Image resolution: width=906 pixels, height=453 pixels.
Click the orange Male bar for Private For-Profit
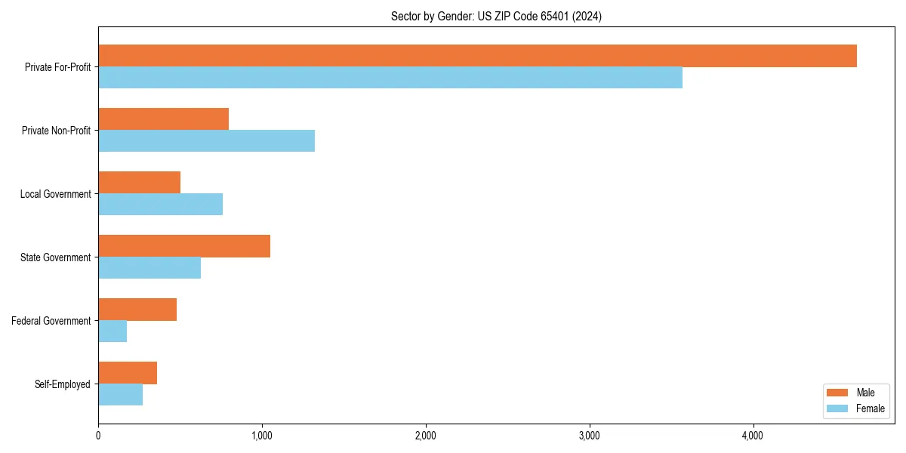[x=477, y=56]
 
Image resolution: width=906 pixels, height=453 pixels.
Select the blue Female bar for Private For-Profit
[x=390, y=78]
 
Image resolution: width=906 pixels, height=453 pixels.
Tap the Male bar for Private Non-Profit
[x=163, y=119]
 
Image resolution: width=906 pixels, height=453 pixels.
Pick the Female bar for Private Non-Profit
[x=206, y=141]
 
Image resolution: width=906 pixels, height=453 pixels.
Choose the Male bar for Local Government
[x=139, y=183]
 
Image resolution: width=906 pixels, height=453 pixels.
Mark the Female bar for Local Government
[x=160, y=205]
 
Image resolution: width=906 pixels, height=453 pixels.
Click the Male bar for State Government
[x=184, y=246]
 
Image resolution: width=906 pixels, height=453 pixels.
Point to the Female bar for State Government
[x=149, y=268]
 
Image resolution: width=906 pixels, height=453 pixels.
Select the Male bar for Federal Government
[x=137, y=310]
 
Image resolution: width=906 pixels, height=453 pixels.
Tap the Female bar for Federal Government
[x=112, y=331]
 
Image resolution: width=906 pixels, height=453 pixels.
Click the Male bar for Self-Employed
[x=128, y=373]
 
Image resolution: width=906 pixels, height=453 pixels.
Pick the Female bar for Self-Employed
[x=120, y=395]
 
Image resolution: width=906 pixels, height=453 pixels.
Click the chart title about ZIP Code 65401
[x=496, y=16]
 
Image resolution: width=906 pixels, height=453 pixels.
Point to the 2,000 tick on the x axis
[x=426, y=436]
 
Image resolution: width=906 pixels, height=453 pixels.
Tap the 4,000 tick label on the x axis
[x=753, y=436]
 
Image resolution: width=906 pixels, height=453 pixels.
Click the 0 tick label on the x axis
[x=98, y=436]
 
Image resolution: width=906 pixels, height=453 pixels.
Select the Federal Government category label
[x=51, y=321]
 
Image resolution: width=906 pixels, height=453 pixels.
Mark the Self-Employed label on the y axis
[x=63, y=384]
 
